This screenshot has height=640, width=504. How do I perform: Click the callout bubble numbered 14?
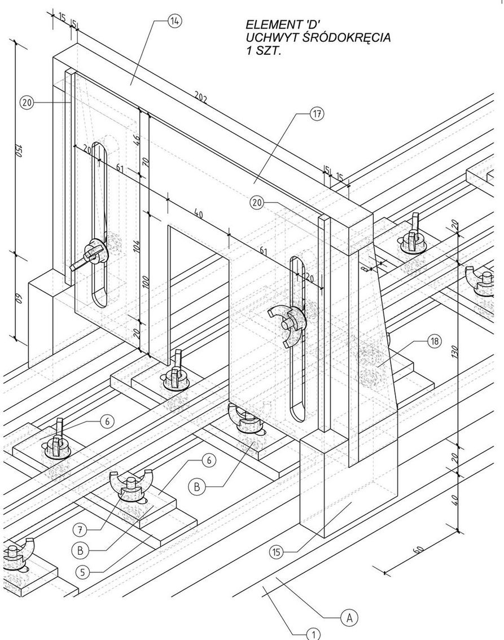pos(175,21)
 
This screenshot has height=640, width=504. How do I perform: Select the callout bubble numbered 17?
pos(317,115)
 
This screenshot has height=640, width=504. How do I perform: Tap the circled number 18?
pos(435,342)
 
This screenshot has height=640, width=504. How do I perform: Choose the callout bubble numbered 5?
pos(82,572)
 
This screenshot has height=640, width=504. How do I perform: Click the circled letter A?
pos(349,617)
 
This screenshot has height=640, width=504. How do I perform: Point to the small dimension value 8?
pos(366,269)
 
